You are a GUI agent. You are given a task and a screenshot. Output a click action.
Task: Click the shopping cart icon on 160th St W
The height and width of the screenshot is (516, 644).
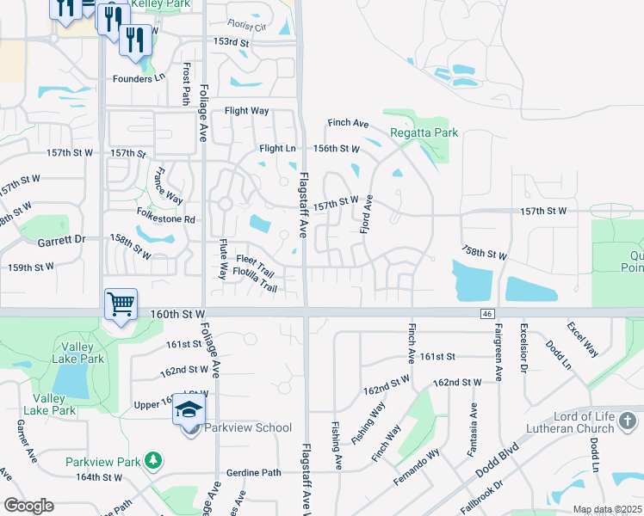[120, 304]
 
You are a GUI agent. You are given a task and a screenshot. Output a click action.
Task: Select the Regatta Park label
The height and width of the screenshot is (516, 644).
[424, 133]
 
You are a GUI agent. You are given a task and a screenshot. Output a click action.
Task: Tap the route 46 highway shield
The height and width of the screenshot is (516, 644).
[487, 315]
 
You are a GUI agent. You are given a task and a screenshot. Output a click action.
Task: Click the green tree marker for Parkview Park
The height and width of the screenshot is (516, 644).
[153, 462]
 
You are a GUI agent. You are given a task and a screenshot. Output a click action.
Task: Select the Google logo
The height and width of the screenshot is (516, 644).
[28, 506]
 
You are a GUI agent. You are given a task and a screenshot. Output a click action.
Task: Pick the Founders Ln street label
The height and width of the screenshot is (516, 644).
[138, 78]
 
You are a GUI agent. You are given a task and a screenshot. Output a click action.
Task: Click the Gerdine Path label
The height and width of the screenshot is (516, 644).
[253, 472]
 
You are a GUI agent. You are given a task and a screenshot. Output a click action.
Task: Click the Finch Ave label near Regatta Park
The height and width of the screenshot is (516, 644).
[347, 124]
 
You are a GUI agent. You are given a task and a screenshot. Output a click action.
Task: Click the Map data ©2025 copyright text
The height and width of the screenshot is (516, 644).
[607, 509]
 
